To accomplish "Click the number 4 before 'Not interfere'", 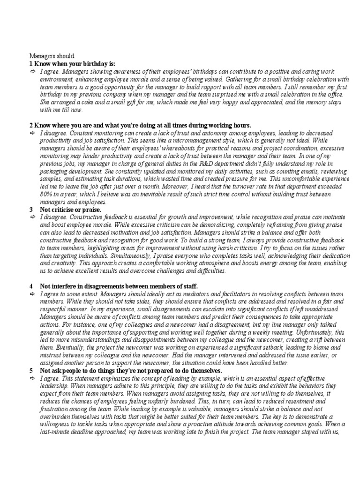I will (31, 286).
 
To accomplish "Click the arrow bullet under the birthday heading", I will (33, 71).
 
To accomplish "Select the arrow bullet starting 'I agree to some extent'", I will (33, 293).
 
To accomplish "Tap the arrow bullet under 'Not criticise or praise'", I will (33, 217).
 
